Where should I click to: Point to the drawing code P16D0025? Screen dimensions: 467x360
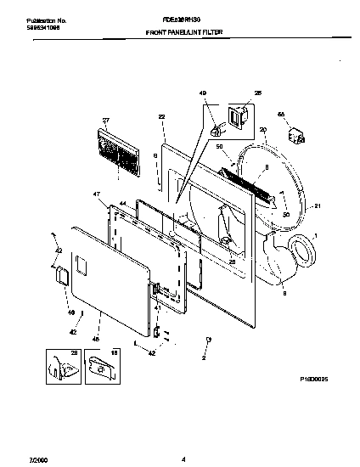click(x=313, y=379)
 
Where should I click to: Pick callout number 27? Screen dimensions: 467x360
click(x=107, y=121)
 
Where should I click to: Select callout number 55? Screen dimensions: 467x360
click(x=282, y=112)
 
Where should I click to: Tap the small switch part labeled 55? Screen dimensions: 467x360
click(x=297, y=135)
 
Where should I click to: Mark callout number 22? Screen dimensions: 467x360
click(x=161, y=116)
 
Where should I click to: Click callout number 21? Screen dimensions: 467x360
click(x=318, y=206)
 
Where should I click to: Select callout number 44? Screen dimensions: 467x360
click(x=123, y=205)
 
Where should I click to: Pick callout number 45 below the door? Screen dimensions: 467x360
click(x=95, y=340)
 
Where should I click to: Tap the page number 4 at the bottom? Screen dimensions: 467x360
click(x=183, y=459)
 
